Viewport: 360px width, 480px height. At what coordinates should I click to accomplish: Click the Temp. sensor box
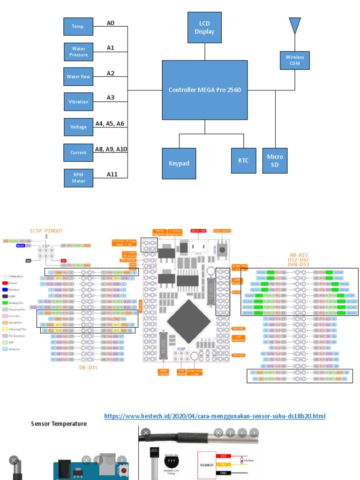click(x=78, y=26)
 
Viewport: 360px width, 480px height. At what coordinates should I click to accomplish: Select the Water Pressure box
click(x=78, y=52)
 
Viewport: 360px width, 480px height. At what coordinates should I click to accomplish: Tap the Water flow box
click(x=78, y=76)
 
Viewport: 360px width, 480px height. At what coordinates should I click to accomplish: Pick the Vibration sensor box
click(x=78, y=102)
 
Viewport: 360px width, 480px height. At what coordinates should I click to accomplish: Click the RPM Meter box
click(x=78, y=178)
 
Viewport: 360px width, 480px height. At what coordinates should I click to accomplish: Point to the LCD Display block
click(x=204, y=28)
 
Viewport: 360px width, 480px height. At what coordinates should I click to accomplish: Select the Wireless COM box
click(x=294, y=60)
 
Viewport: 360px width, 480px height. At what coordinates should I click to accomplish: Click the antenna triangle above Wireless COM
click(x=294, y=24)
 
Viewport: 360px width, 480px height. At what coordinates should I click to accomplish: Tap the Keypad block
click(x=179, y=164)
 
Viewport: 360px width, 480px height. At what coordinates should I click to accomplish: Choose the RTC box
click(x=243, y=161)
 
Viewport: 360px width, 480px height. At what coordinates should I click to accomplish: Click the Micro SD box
click(x=275, y=160)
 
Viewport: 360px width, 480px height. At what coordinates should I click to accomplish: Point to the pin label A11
click(x=112, y=174)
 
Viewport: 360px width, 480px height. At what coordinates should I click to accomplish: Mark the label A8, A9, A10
click(x=111, y=149)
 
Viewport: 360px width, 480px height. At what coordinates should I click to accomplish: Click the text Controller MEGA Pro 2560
click(x=205, y=90)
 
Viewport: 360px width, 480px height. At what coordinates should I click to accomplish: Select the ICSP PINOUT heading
click(x=46, y=231)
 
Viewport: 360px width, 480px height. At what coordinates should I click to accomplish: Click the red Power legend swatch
click(x=5, y=283)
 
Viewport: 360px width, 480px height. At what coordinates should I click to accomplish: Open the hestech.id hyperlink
click(x=214, y=416)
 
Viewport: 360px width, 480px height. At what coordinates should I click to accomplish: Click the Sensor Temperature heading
click(x=59, y=424)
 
